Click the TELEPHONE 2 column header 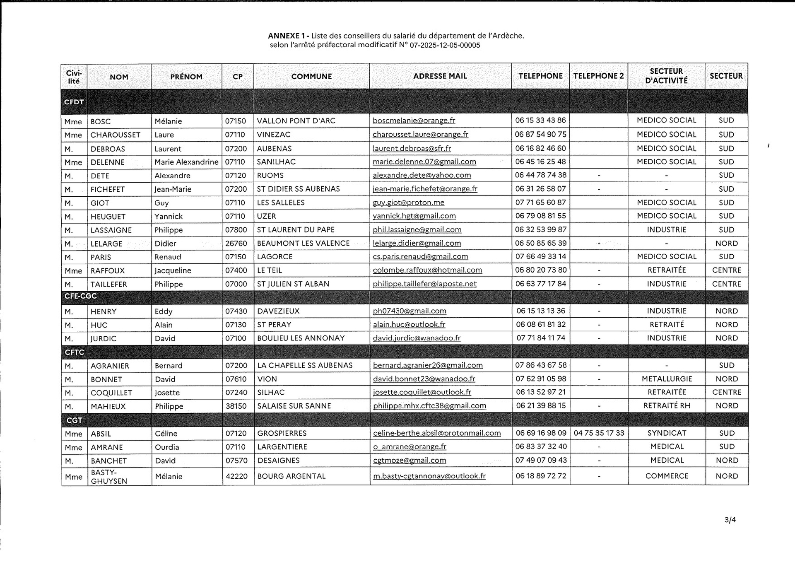598,76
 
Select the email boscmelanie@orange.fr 414,121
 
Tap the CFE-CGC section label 80,296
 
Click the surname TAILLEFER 108,284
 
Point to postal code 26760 236,244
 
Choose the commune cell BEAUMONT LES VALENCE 303,244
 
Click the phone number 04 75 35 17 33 599,433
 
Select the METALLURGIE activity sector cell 667,379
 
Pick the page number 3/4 730,520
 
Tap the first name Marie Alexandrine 186,162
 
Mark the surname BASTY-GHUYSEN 104,477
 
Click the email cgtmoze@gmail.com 410,461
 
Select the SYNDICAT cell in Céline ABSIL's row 667,433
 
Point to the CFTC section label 74,352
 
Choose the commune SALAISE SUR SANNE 294,406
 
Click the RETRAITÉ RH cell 667,406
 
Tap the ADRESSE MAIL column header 440,76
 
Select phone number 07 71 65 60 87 540,203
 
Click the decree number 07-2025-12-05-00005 445,45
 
